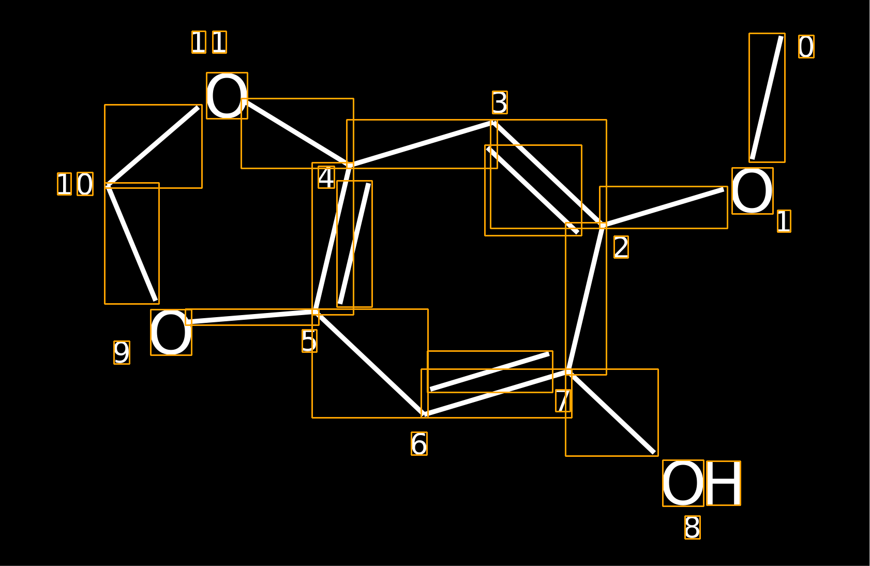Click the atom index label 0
pos(806,47)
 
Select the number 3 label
pos(500,102)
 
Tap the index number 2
pos(621,247)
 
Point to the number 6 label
pos(419,443)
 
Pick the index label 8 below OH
pos(693,528)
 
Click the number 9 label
pos(122,353)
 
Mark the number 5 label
pos(309,341)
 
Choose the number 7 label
pos(563,400)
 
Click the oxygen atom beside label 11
pos(227,96)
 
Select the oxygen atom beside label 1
pos(752,191)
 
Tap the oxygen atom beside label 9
pos(171,333)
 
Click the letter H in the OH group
pos(724,483)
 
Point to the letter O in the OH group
pos(683,483)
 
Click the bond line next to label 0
pos(767,97)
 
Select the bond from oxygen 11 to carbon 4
pos(297,133)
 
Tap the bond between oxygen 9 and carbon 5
pos(252,317)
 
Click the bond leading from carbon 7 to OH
pos(612,412)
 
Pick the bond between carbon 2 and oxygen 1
pos(664,207)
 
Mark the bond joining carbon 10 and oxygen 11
pos(154,146)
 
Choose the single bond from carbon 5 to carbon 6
pos(370,364)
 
